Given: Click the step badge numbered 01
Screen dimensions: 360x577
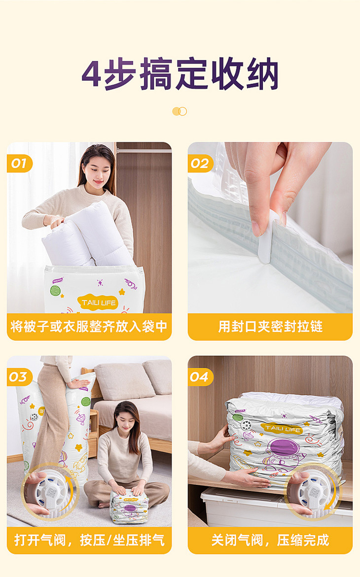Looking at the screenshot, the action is (19, 164).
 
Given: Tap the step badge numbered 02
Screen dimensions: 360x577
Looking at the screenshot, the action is (200, 164).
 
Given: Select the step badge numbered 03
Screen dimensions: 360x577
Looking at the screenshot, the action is (19, 377).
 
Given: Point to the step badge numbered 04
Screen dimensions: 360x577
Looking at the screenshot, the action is (200, 377).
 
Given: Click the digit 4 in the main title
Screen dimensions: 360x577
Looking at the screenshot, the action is (91, 73).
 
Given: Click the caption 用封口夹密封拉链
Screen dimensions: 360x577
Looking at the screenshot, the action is (270, 326).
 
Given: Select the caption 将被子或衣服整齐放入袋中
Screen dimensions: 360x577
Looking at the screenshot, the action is (89, 326).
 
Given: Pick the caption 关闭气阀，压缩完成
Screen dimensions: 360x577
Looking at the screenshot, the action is (270, 540).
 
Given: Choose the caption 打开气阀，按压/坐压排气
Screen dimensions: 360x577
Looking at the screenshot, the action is (89, 540).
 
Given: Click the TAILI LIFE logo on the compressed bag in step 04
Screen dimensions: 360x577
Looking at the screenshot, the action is (282, 428).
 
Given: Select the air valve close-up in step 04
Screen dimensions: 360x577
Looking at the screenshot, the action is (313, 491).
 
